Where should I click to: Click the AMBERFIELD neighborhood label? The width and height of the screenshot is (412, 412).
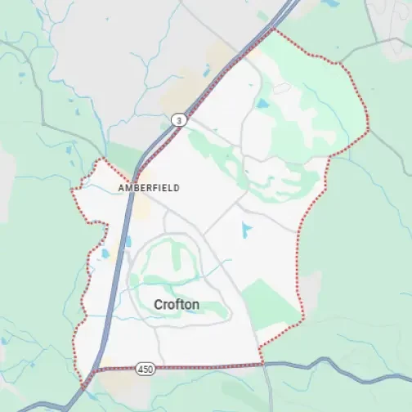(148, 187)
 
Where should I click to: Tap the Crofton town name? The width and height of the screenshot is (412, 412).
(176, 304)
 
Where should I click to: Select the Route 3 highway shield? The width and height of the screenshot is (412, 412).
(177, 120)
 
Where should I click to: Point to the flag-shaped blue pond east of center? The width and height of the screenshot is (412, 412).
(246, 230)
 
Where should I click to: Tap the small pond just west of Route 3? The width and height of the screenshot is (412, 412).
(105, 253)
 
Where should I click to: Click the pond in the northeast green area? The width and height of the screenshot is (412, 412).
(262, 104)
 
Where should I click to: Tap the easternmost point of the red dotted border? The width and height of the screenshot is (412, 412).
(369, 128)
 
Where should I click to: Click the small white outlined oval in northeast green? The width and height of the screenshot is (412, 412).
(282, 87)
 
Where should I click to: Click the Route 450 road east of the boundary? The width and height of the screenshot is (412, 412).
(327, 363)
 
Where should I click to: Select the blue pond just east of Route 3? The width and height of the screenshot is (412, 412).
(128, 242)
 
